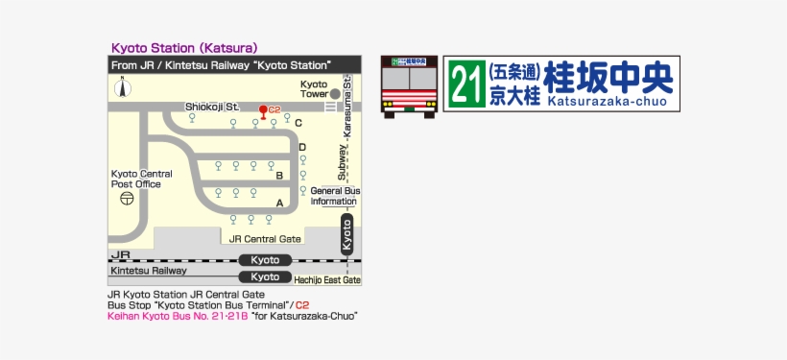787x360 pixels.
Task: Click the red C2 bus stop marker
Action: pos(263,110)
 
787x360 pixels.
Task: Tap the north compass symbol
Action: pos(123,88)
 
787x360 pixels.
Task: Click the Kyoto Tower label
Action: pos(314,89)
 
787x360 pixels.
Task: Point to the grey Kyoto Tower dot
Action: pos(334,94)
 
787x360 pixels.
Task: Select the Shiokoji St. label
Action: pos(211,107)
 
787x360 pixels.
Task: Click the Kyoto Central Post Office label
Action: pos(141,179)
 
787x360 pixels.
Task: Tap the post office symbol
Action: pos(127,199)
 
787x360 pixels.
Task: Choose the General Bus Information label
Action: pos(334,196)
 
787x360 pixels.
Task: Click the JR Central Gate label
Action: pos(265,238)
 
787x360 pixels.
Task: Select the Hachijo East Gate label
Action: pos(327,279)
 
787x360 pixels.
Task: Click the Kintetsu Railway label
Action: pos(148,272)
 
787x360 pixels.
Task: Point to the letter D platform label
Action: pos(302,147)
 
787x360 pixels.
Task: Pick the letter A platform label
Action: pos(280,203)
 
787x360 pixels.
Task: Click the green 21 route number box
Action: pos(465,84)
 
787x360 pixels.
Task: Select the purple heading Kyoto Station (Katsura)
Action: pos(184,47)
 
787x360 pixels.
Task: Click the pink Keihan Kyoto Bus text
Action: pos(179,315)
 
